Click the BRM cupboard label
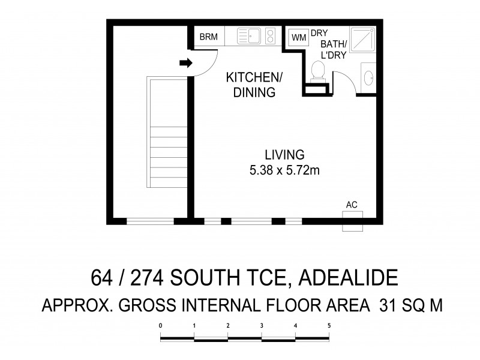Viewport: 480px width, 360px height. click(208, 37)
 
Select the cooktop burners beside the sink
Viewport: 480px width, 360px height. click(270, 36)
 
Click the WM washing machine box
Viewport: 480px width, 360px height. click(299, 37)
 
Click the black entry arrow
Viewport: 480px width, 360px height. click(186, 62)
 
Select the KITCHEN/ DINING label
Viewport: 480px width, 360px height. click(250, 85)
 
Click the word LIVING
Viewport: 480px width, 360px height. click(285, 154)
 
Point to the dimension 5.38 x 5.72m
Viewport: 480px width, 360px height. click(284, 170)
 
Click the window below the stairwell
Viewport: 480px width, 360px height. click(150, 221)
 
